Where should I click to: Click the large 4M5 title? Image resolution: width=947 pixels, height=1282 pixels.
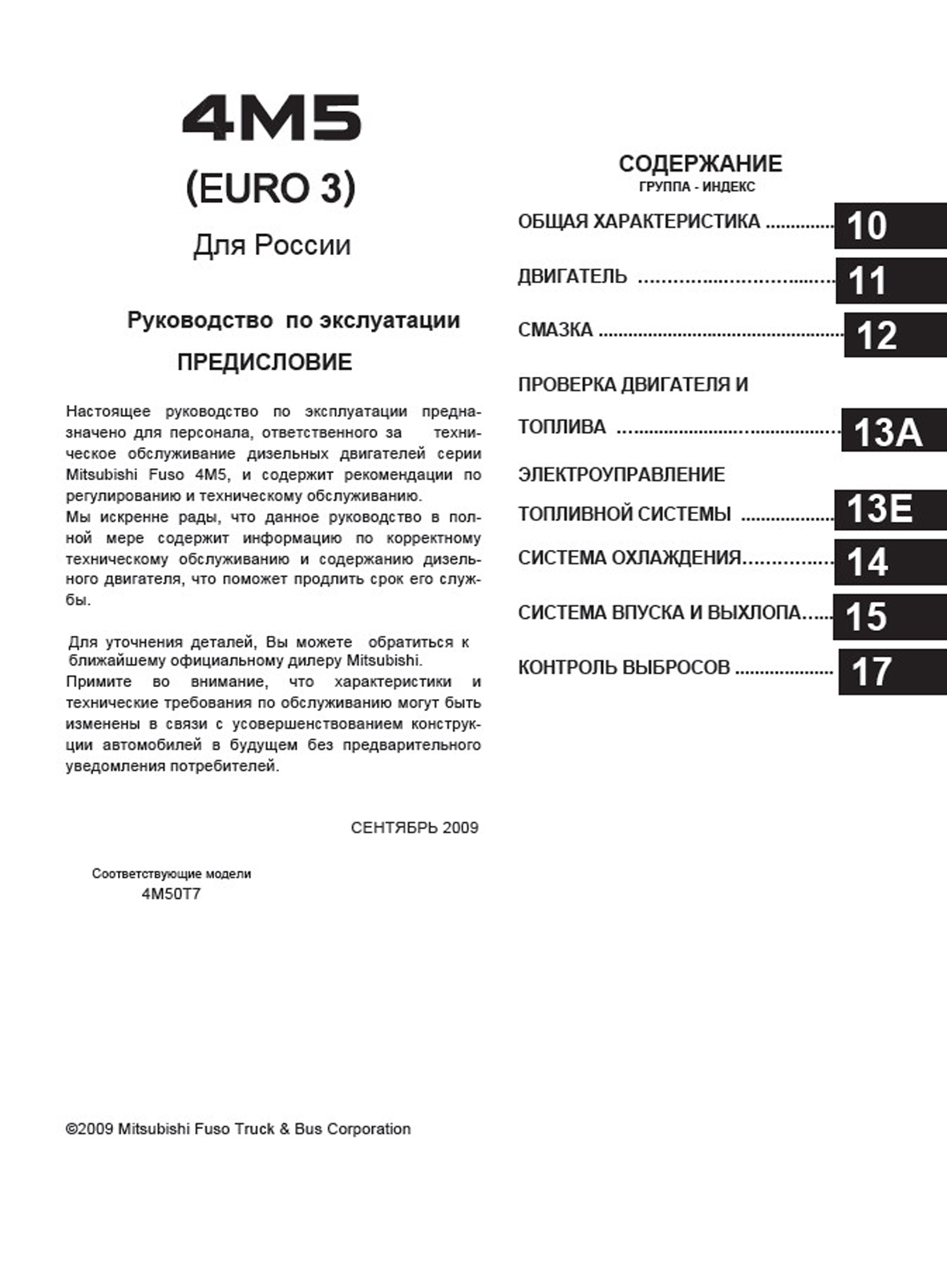click(272, 119)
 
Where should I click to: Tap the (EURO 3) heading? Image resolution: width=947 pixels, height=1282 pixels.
click(271, 188)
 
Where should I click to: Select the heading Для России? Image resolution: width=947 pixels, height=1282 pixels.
click(272, 245)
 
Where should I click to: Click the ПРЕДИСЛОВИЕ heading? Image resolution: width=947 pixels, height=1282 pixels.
click(265, 362)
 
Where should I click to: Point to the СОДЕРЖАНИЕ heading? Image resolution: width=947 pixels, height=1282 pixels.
click(700, 164)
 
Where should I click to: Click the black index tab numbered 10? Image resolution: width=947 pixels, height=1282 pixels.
click(890, 225)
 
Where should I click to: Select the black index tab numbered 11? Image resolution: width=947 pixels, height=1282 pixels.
click(890, 281)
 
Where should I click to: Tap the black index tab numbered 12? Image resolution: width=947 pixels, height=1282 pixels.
click(894, 335)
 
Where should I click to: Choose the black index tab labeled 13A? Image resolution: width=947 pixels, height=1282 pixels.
click(893, 431)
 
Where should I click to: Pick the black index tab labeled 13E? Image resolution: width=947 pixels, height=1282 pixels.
click(890, 509)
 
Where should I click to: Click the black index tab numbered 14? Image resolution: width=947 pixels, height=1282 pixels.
click(890, 562)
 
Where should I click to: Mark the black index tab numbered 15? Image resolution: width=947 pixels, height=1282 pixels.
click(889, 617)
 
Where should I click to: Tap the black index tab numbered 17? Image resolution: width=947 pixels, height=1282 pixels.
click(892, 671)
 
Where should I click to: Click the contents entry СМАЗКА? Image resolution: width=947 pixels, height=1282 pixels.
click(555, 330)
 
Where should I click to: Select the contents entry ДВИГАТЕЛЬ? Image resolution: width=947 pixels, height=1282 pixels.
click(573, 277)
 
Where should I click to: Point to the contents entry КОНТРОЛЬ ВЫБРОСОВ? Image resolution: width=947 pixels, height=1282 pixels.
click(624, 667)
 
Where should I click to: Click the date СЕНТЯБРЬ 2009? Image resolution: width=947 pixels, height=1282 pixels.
click(415, 827)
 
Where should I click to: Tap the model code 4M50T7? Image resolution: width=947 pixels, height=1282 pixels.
click(171, 894)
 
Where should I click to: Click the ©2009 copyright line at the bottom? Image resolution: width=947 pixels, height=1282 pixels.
click(238, 1129)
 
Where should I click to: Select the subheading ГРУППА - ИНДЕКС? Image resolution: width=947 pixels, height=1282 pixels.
click(697, 187)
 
